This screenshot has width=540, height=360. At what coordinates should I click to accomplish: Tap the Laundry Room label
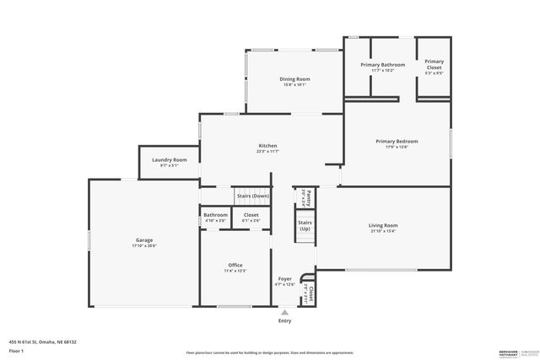170,160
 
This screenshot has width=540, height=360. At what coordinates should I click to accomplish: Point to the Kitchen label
267,146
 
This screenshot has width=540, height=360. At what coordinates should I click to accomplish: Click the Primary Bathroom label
382,65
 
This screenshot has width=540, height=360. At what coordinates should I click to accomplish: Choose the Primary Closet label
434,64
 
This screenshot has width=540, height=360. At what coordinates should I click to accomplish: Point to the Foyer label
285,279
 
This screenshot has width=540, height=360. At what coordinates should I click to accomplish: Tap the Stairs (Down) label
253,196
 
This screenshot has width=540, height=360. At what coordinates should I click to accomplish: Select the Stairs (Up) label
304,227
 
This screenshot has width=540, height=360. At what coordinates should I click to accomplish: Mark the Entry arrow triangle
284,313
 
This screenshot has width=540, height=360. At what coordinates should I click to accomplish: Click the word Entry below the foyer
284,320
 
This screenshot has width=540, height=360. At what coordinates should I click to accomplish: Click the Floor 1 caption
15,350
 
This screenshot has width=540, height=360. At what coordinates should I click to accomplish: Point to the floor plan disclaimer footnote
269,352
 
